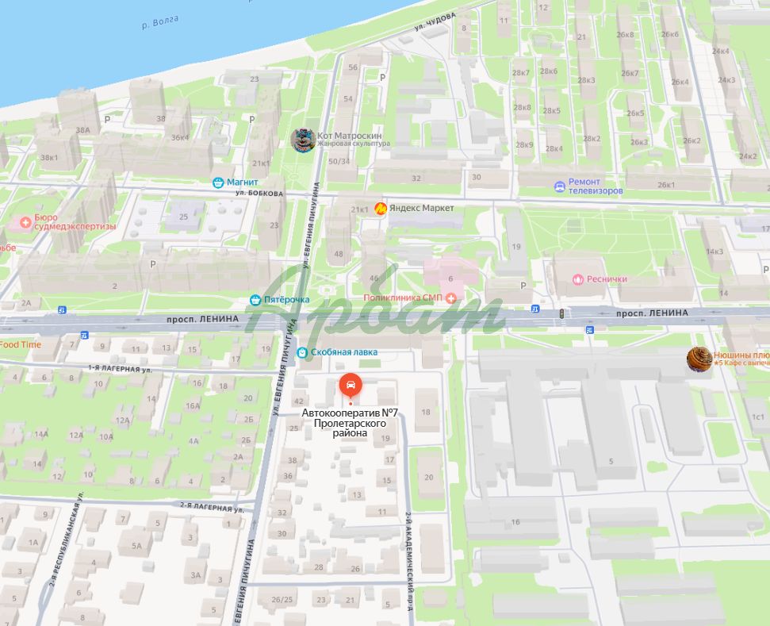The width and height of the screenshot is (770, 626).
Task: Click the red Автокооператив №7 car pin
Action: (350, 386)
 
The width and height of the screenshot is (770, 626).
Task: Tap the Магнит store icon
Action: (218, 182)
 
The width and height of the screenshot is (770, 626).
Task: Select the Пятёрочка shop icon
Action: (255, 300)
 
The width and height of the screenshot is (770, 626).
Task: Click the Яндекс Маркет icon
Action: (381, 208)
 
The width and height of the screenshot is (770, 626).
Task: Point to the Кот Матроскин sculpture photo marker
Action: (303, 140)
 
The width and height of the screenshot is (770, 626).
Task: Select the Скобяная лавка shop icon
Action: (302, 351)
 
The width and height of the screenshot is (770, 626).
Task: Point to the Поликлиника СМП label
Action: (402, 298)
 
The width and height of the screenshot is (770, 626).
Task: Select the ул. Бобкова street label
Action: (259, 194)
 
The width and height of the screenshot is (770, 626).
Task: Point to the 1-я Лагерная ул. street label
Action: (119, 369)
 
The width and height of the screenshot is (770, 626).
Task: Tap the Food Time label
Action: (21, 344)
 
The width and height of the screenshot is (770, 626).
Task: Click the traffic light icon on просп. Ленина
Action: (563, 314)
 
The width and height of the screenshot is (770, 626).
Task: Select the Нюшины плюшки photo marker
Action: (699, 359)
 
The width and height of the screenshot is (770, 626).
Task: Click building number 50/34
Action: (339, 161)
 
